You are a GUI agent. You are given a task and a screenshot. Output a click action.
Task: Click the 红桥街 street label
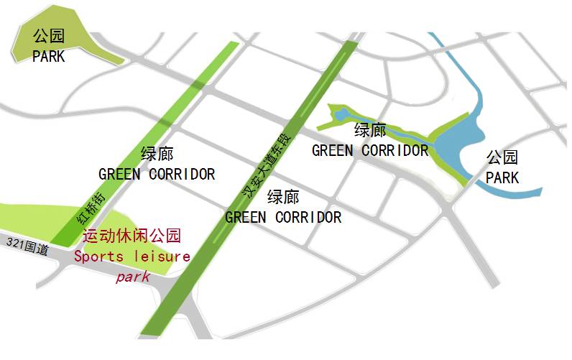click(x=90, y=208)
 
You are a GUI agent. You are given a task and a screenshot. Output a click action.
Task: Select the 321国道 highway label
click(x=27, y=246)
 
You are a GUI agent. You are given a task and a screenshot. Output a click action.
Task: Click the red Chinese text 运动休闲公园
click(x=132, y=236)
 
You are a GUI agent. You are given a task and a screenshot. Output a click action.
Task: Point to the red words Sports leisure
click(x=132, y=256)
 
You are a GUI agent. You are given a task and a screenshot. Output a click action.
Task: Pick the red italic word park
click(x=133, y=276)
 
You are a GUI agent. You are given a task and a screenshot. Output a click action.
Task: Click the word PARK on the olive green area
click(x=49, y=55)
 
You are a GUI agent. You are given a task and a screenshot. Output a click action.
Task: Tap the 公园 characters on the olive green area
click(x=49, y=36)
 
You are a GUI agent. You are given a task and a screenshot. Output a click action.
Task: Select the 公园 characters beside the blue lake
click(x=502, y=157)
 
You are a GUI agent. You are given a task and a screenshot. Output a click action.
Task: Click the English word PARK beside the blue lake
click(x=502, y=177)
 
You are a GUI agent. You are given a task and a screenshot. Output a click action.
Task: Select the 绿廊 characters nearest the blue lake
click(x=370, y=131)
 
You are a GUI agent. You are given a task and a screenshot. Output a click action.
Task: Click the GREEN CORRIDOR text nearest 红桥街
click(x=157, y=174)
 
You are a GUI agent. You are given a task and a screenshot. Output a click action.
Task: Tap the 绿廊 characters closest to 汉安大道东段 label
click(x=283, y=196)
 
